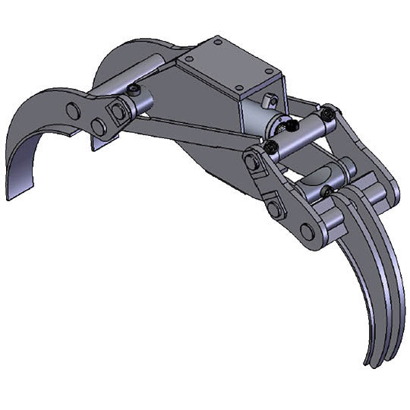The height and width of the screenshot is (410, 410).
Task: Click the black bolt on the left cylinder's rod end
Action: (135, 92)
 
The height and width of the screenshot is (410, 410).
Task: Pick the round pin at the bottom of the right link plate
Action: (308, 231)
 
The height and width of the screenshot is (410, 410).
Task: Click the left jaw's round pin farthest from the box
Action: (73, 110)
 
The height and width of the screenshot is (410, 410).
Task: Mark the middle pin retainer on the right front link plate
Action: (275, 207)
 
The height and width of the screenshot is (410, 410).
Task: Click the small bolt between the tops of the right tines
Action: (328, 191)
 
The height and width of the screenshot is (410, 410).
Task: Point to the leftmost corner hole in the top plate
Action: (187, 57)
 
